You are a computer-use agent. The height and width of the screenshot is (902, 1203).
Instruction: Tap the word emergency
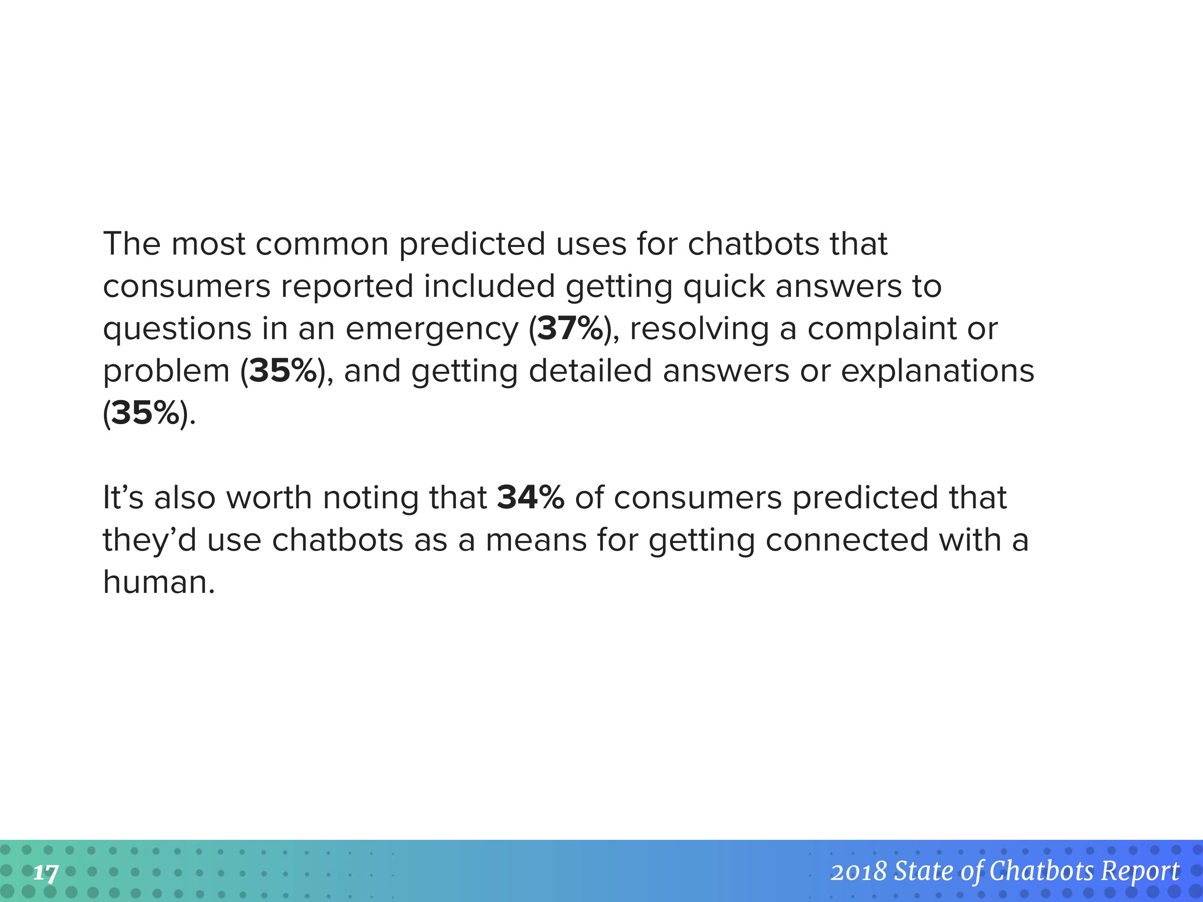[432, 331]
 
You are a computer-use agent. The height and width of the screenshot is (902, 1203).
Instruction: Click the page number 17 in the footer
[46, 874]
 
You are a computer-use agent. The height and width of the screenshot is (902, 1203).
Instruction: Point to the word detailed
[590, 371]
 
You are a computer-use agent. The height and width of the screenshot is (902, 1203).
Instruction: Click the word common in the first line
[322, 245]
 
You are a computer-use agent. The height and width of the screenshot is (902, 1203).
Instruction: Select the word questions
[177, 331]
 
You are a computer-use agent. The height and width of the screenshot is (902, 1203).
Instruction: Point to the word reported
[347, 288]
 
